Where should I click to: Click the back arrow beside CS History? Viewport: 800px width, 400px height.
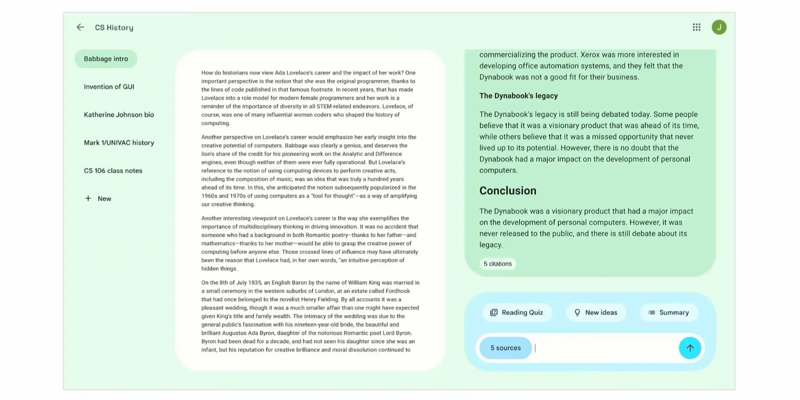(x=80, y=27)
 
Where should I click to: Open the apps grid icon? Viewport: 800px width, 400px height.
(x=696, y=27)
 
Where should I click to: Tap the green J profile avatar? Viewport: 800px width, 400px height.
(x=719, y=27)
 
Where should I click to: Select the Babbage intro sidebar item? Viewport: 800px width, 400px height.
(x=106, y=59)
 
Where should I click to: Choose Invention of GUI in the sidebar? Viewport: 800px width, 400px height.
(x=109, y=87)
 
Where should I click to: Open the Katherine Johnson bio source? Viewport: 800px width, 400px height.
(x=119, y=115)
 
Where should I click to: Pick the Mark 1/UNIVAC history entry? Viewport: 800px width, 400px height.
(x=119, y=143)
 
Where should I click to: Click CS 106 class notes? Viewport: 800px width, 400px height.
(x=113, y=171)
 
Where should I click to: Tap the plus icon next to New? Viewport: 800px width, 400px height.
(x=88, y=198)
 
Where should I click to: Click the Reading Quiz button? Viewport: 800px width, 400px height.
(x=517, y=312)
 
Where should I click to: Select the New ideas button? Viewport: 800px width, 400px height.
(x=596, y=312)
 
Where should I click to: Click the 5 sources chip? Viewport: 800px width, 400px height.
(x=506, y=348)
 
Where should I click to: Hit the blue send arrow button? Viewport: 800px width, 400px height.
(x=690, y=348)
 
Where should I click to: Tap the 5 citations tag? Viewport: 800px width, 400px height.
(x=498, y=264)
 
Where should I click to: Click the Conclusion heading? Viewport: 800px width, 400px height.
(x=508, y=191)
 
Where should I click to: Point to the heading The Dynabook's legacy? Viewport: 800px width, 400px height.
(x=518, y=96)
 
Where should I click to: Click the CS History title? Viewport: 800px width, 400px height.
(x=114, y=28)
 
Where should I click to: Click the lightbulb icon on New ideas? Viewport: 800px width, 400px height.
(x=577, y=312)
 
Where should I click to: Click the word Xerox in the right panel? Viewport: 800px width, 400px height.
(x=590, y=55)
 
